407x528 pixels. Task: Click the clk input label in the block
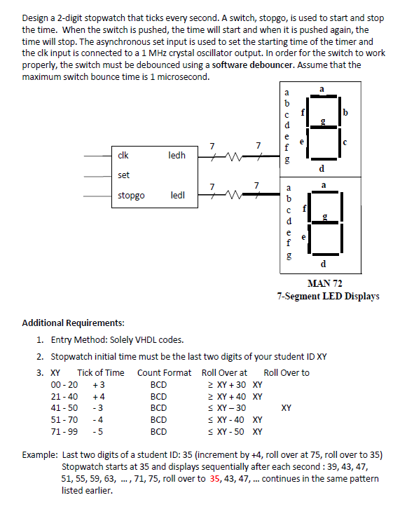(123, 155)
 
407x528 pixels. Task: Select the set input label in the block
(123, 175)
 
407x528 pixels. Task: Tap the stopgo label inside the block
(131, 196)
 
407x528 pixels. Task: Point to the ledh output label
(177, 155)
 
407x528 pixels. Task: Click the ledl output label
(178, 196)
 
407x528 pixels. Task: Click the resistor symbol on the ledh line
(233, 156)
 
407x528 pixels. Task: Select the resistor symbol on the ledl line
(233, 194)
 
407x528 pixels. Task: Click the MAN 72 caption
(324, 283)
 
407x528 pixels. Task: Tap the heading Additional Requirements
(73, 323)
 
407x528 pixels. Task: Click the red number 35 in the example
(214, 478)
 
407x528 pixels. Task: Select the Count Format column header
(164, 373)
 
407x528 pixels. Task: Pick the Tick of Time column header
(101, 373)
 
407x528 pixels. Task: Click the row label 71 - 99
(64, 432)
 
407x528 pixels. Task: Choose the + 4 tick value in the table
(99, 396)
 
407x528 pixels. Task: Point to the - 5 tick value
(98, 432)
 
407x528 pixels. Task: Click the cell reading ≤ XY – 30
(227, 408)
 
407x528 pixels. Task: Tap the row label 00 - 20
(64, 384)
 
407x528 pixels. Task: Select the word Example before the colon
(39, 455)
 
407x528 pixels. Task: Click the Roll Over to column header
(287, 373)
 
